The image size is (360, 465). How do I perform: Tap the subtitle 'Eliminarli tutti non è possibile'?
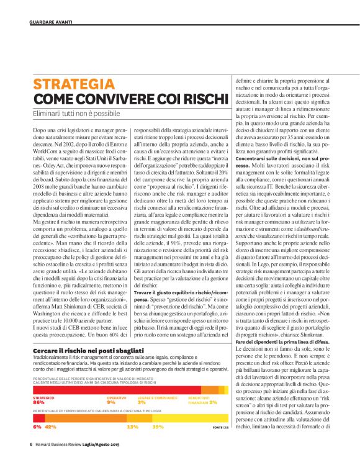click(x=76, y=114)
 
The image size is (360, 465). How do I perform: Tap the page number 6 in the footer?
click(x=31, y=445)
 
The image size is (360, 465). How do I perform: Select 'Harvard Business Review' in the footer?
click(x=62, y=445)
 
